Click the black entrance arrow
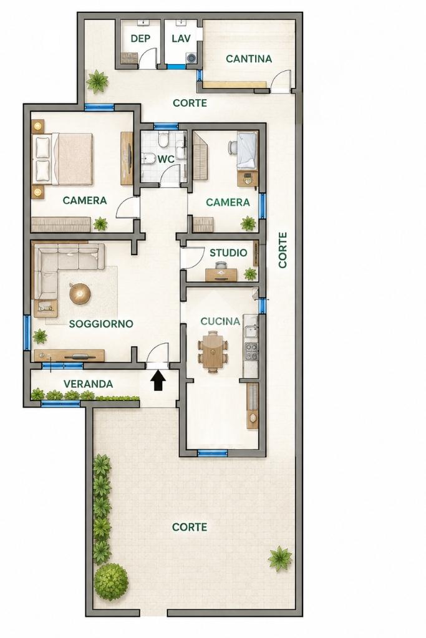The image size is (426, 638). (x=158, y=381)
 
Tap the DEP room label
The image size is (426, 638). (x=140, y=39)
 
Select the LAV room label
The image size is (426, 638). (x=181, y=39)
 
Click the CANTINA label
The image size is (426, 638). (x=249, y=59)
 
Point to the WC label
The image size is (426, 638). (x=167, y=158)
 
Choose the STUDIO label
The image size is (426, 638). (x=228, y=253)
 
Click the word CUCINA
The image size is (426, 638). (x=220, y=321)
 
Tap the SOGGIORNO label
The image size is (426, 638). (x=101, y=324)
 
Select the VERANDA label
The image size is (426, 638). (x=89, y=384)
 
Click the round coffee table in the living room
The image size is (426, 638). (x=79, y=293)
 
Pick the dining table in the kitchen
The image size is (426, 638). (x=213, y=351)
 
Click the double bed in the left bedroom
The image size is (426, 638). (x=64, y=158)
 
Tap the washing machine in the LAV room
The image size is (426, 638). (x=191, y=58)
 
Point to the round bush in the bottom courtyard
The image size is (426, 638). (x=112, y=582)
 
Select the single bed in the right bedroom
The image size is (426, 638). (x=246, y=150)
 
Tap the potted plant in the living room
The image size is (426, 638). (x=40, y=337)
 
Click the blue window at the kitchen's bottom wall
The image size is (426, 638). (x=213, y=452)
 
